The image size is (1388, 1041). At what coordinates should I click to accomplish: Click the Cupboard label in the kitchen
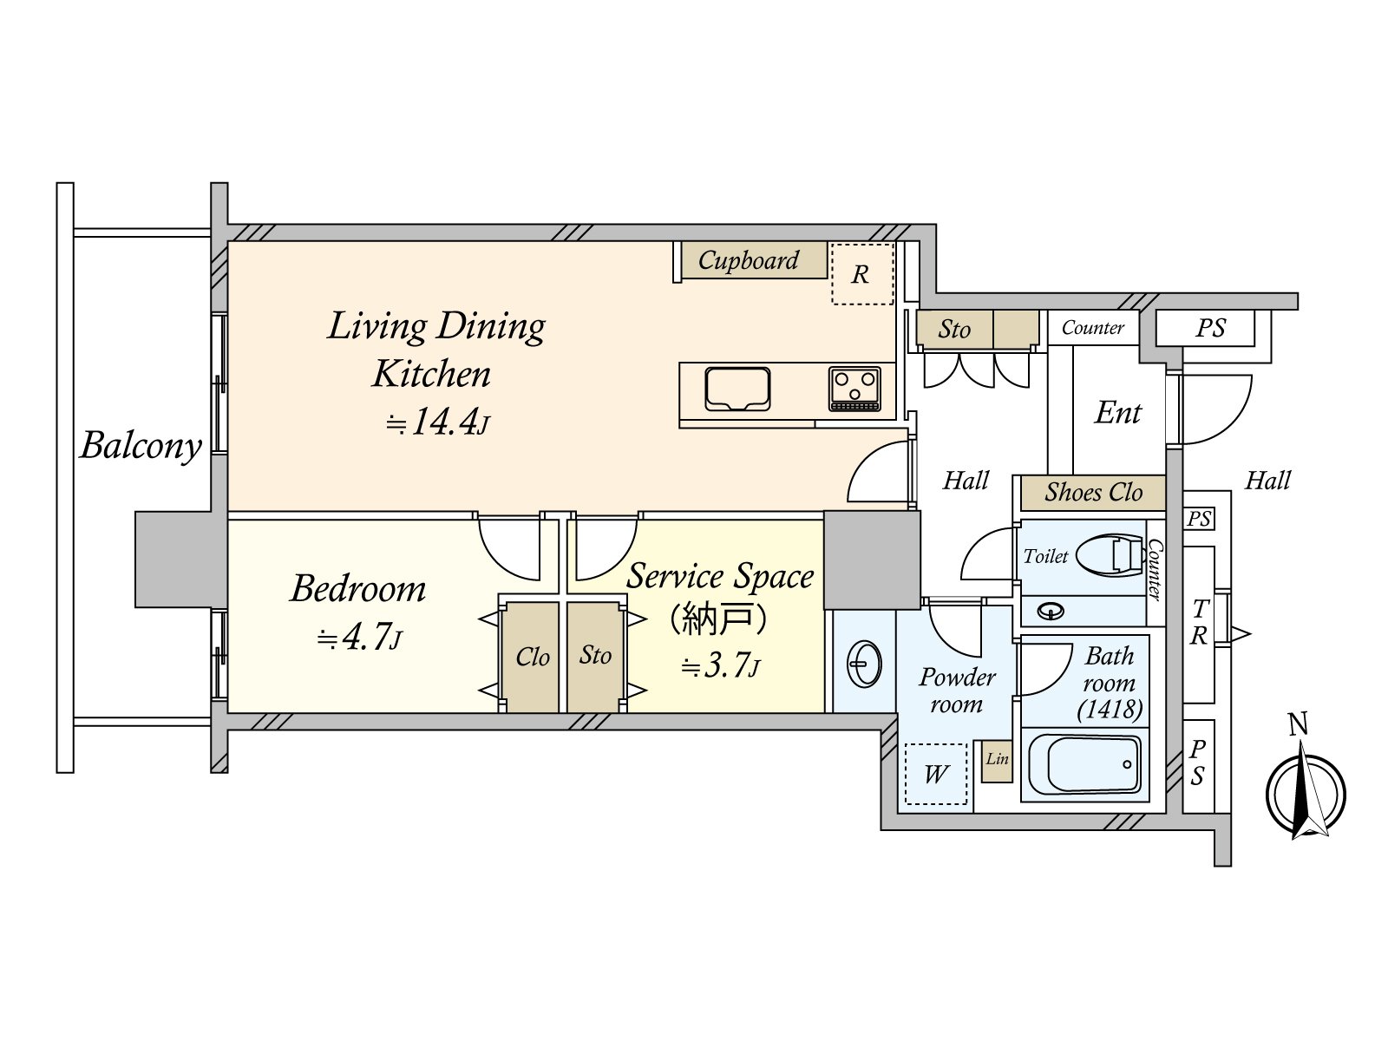748,260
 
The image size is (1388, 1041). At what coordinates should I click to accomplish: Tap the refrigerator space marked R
862,273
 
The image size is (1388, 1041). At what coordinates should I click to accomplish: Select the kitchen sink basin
737,389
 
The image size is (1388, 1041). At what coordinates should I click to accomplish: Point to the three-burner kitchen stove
855,389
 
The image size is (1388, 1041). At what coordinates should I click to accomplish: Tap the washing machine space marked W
936,775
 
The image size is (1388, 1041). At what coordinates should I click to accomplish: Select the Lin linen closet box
998,761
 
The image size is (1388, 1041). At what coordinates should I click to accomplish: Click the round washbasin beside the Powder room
863,664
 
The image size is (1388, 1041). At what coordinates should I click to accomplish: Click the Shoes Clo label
1093,493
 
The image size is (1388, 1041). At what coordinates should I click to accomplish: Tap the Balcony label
141,446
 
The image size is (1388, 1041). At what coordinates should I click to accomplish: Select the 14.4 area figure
443,421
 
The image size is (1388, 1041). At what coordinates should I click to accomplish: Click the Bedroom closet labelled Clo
532,658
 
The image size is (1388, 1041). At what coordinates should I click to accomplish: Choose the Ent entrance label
1117,414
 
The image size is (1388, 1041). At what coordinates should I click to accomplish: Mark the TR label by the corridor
1199,623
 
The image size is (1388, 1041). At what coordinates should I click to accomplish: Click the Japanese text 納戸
720,620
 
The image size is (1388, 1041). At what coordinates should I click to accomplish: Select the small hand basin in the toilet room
1051,612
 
